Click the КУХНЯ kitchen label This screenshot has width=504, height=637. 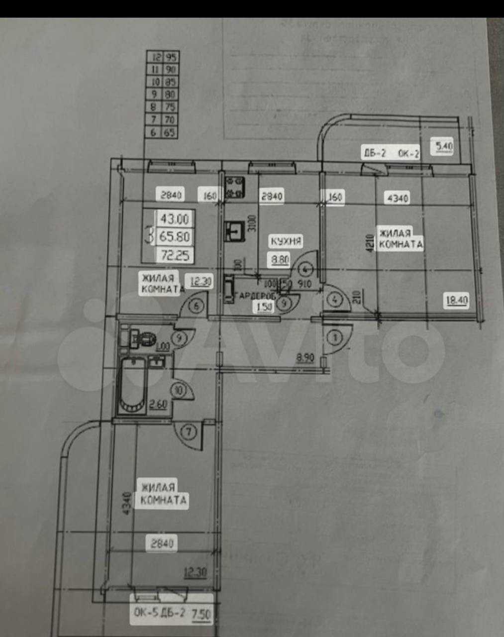click(x=286, y=241)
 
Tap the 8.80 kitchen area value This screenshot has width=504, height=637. click(x=280, y=259)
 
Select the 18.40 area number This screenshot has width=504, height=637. click(x=457, y=300)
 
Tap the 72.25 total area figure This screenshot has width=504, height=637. click(x=175, y=255)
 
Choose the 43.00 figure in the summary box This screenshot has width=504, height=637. click(x=175, y=219)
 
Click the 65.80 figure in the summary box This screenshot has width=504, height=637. click(x=175, y=237)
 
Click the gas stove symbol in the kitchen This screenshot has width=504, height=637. click(x=235, y=188)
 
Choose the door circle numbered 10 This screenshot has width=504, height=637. click(x=179, y=390)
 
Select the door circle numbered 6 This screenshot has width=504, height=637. click(x=198, y=306)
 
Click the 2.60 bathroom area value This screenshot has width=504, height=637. click(x=158, y=404)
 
